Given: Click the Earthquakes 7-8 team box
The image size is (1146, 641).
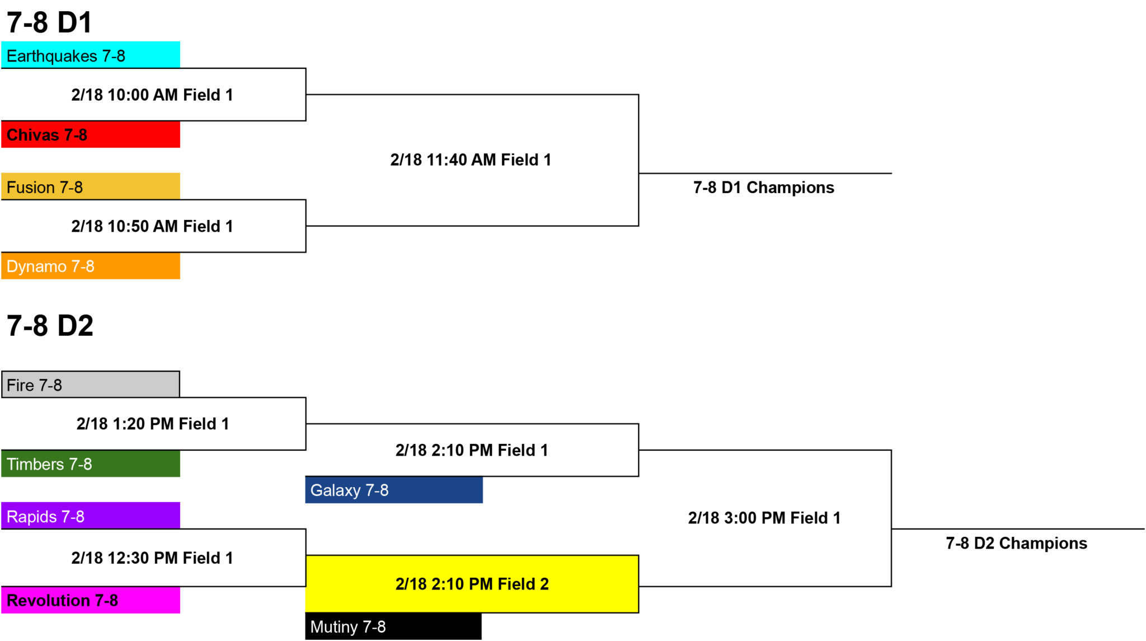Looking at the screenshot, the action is [91, 55].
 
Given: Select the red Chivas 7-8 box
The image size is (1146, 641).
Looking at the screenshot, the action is [91, 134].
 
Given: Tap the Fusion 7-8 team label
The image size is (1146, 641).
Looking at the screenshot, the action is [45, 187].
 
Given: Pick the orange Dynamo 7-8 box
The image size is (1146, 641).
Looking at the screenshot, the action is [91, 266].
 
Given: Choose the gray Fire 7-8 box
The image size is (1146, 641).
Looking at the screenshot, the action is [91, 384].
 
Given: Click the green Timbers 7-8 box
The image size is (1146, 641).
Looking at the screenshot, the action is [91, 464].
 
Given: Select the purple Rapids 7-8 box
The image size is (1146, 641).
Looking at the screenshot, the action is [91, 516].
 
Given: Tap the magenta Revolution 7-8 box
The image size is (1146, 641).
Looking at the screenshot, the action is [91, 600].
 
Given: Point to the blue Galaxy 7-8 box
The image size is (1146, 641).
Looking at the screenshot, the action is [394, 490].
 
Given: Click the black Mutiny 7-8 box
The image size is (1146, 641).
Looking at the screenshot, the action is [393, 626].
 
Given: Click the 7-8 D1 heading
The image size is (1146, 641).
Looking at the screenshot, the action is [49, 23].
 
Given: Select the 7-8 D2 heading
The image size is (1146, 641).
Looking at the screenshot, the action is [50, 326].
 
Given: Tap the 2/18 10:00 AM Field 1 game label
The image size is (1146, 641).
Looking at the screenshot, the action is [152, 95].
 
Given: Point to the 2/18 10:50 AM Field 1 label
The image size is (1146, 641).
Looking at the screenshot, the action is [152, 226].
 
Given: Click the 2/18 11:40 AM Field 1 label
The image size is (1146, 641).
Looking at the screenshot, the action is [471, 160].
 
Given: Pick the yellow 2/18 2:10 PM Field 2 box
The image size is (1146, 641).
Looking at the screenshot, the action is [472, 584].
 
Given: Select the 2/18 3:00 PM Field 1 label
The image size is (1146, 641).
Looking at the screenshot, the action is [764, 518].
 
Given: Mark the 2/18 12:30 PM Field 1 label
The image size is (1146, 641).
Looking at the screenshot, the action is [152, 558].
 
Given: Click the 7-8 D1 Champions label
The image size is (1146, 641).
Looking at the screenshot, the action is [764, 188].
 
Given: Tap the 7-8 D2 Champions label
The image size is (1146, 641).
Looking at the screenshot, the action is [1017, 543].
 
